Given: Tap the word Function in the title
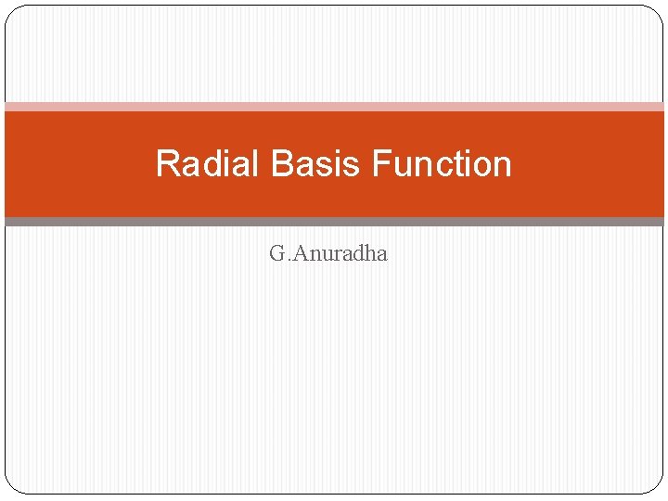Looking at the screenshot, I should pyautogui.click(x=442, y=163).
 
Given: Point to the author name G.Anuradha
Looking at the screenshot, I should pyautogui.click(x=328, y=252).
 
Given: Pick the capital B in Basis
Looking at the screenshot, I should pyautogui.click(x=282, y=163).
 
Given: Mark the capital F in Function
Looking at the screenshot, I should pyautogui.click(x=380, y=163).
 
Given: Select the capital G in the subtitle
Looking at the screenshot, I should pyautogui.click(x=276, y=252).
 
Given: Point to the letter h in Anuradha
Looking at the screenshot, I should pyautogui.click(x=367, y=252).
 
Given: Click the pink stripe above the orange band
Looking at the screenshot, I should pyautogui.click(x=334, y=107).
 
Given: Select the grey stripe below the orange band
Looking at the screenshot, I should pyautogui.click(x=334, y=222).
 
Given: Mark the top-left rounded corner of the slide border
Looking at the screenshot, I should pyautogui.click(x=12, y=12).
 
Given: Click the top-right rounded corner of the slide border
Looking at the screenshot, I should pyautogui.click(x=656, y=12).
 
